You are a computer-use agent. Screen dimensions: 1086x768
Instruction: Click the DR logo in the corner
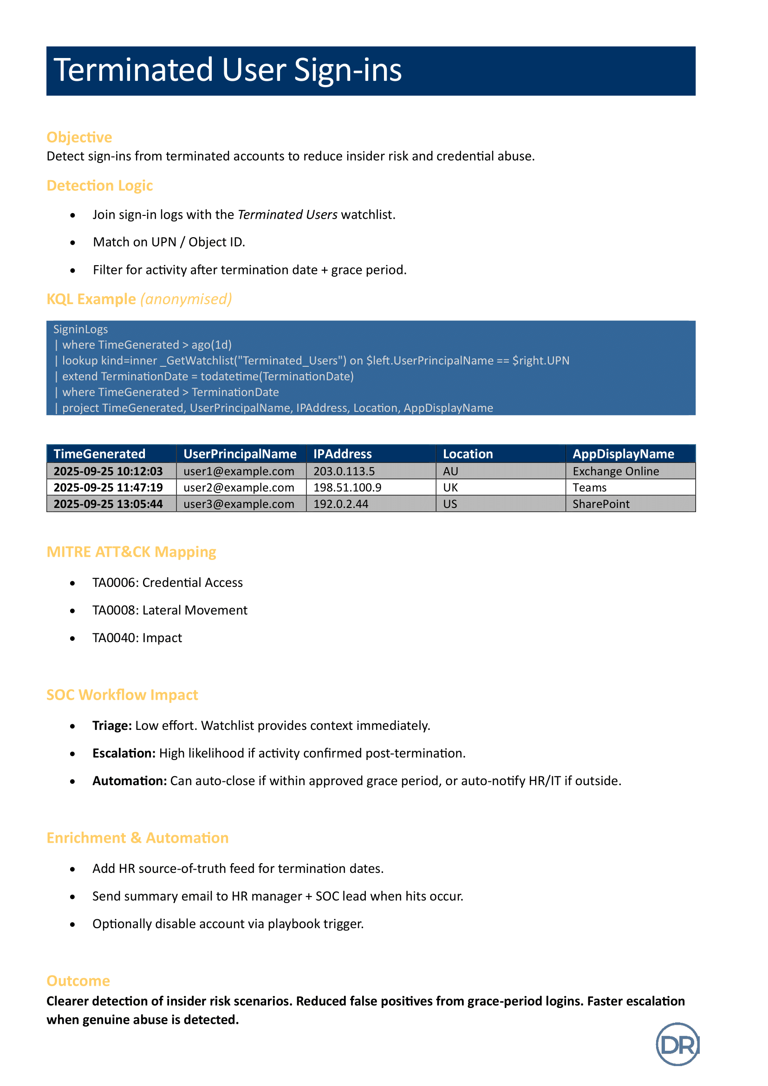coord(677,1044)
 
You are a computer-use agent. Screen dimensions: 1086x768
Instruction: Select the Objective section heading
coord(79,137)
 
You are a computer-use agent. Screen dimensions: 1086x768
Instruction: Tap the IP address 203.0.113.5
coord(344,471)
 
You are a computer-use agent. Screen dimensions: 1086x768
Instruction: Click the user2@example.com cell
coord(239,488)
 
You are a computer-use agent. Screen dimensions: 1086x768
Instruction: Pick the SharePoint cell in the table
coord(600,504)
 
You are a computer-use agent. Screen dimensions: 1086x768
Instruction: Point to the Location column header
coord(468,454)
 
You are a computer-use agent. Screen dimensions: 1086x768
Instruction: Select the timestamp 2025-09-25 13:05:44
coord(108,504)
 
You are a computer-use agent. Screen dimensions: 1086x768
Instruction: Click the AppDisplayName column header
coord(623,454)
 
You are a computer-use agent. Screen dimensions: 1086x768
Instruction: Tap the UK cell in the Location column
coord(450,488)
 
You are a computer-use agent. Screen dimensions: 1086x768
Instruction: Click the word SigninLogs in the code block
coord(80,329)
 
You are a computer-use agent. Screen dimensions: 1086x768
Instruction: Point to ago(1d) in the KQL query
coord(211,345)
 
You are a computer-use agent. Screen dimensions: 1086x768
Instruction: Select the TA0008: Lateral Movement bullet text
coord(170,610)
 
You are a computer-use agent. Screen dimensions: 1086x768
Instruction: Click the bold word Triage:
coord(112,726)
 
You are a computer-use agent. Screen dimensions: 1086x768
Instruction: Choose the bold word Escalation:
coord(124,753)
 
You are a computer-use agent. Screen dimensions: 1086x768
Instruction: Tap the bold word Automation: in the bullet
coord(130,781)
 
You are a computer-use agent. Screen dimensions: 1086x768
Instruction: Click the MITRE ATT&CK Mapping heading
coord(131,552)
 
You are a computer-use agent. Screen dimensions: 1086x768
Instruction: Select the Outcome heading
coord(78,981)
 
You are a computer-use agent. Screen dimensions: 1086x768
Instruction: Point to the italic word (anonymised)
coord(186,299)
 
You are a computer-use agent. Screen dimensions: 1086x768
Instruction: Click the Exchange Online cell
coord(615,471)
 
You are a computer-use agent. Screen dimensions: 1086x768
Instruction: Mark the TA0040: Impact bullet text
coord(137,638)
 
